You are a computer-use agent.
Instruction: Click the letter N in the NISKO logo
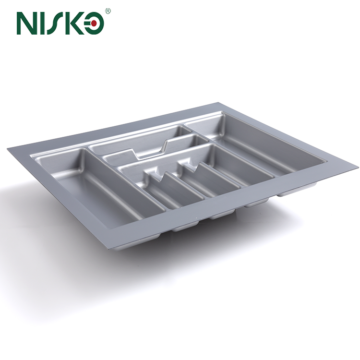28,23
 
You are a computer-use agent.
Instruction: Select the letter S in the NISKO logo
60,23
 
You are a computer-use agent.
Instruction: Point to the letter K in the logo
78,23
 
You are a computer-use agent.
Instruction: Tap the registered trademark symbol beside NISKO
108,10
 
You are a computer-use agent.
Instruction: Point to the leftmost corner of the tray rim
8,148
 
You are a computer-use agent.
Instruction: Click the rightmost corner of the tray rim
357,168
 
